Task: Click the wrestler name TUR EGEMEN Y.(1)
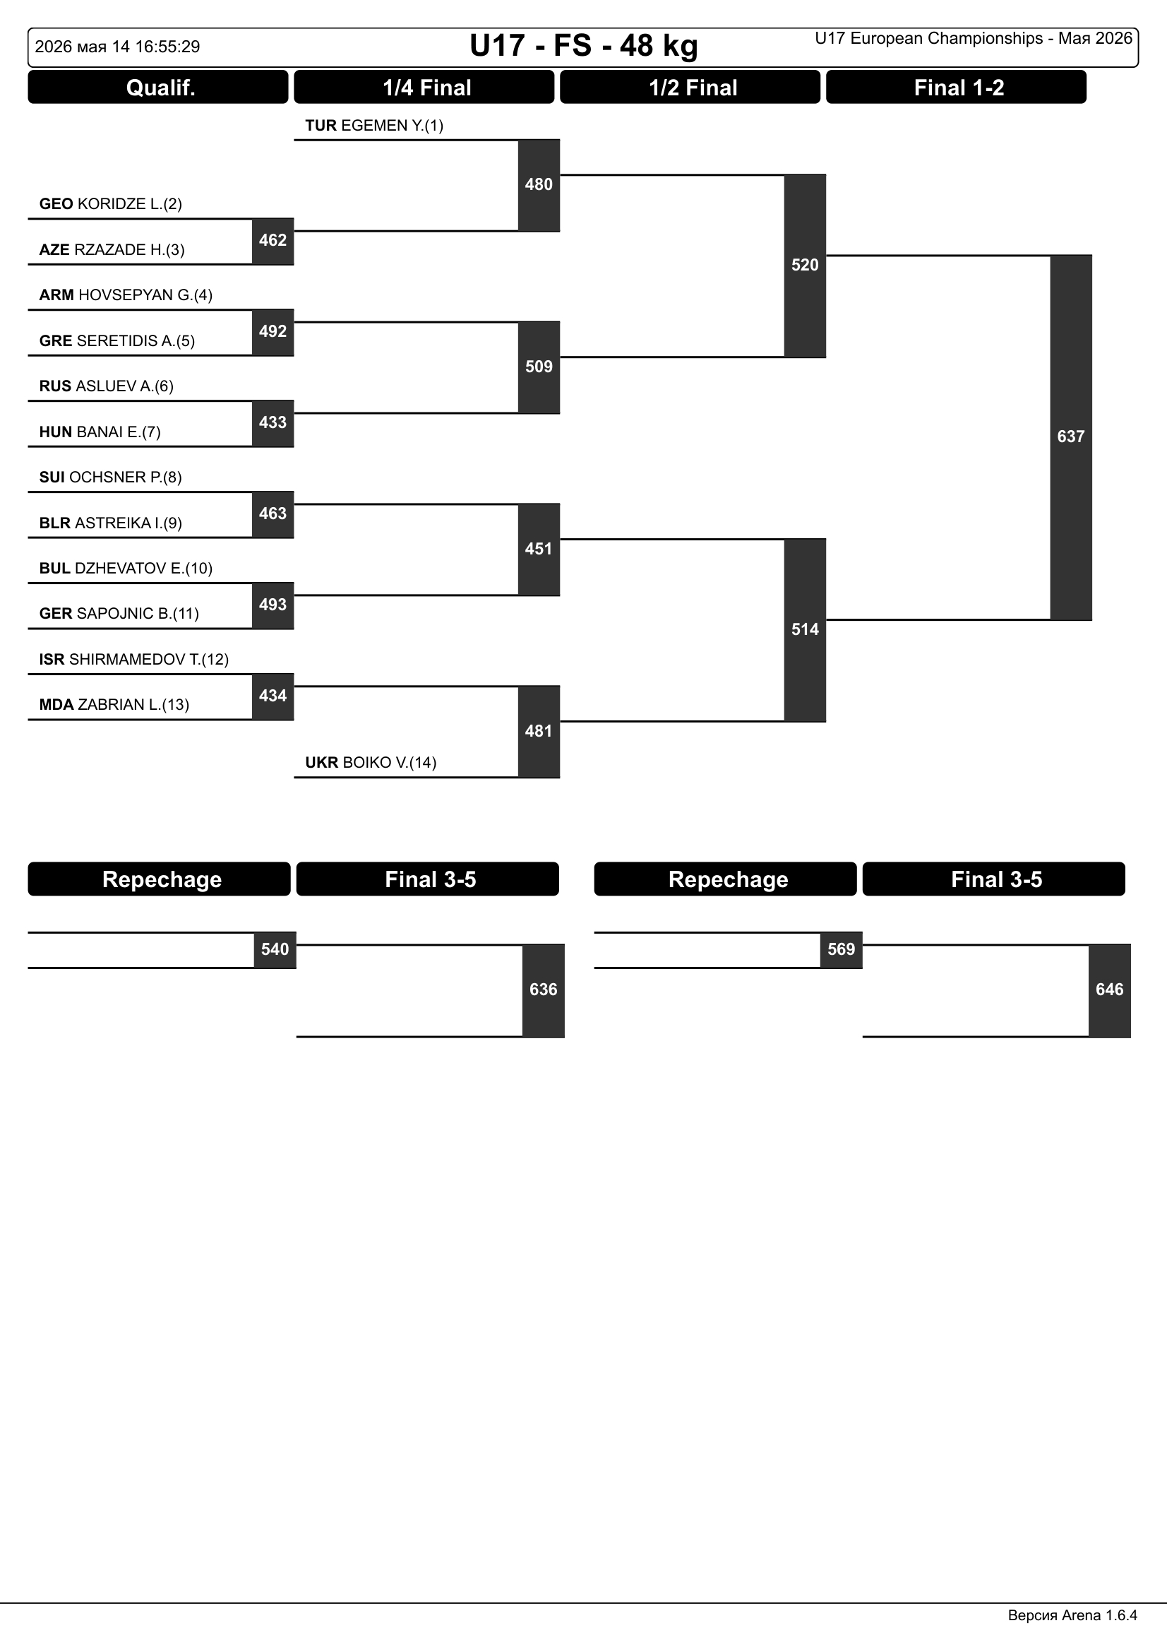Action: tap(374, 126)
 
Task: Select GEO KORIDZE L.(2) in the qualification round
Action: tap(111, 204)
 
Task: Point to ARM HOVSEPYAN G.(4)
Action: tap(126, 295)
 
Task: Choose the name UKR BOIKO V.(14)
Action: tap(371, 763)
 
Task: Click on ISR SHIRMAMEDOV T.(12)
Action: tap(133, 660)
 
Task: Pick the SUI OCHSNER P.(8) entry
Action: tap(111, 477)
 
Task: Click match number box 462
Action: tap(273, 241)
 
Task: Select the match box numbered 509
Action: tap(539, 368)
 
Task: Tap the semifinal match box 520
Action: tap(806, 266)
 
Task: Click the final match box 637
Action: tap(1072, 436)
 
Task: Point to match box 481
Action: tap(539, 732)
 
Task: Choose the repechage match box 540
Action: tap(275, 950)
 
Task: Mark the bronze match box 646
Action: tap(1111, 990)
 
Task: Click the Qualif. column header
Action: tap(158, 87)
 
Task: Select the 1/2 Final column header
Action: tap(690, 87)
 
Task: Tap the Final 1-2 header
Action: tap(957, 87)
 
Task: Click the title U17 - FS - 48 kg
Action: tap(584, 46)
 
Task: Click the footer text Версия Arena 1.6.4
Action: tap(1073, 1615)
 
